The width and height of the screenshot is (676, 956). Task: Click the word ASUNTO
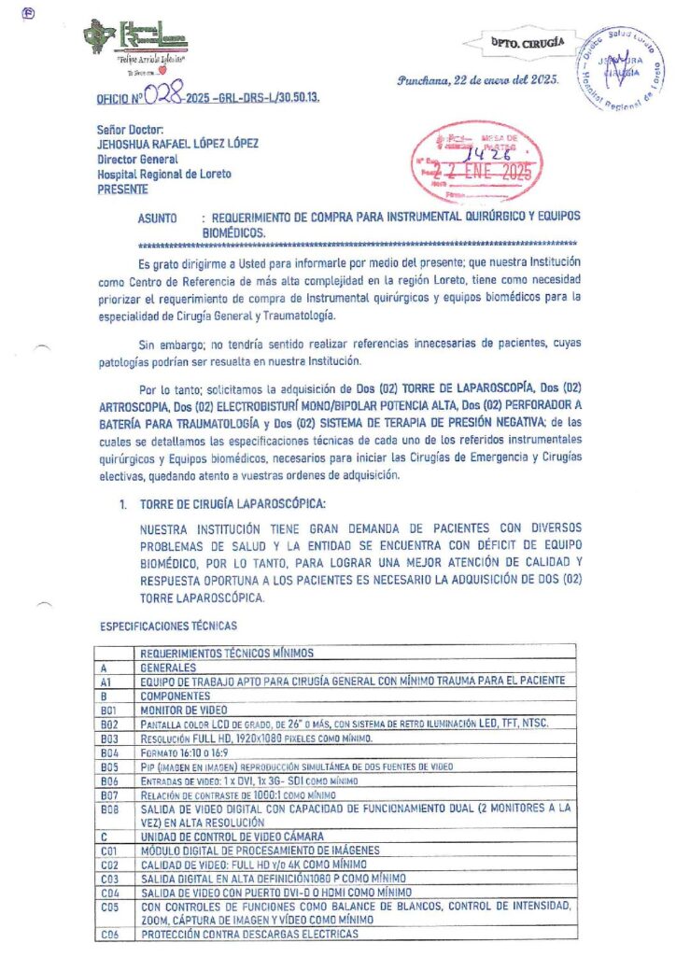click(158, 216)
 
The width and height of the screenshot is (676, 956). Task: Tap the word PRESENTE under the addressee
click(122, 188)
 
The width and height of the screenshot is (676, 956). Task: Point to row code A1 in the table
click(105, 682)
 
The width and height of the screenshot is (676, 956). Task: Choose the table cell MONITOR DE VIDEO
click(182, 710)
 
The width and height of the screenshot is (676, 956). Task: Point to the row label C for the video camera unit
click(103, 835)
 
